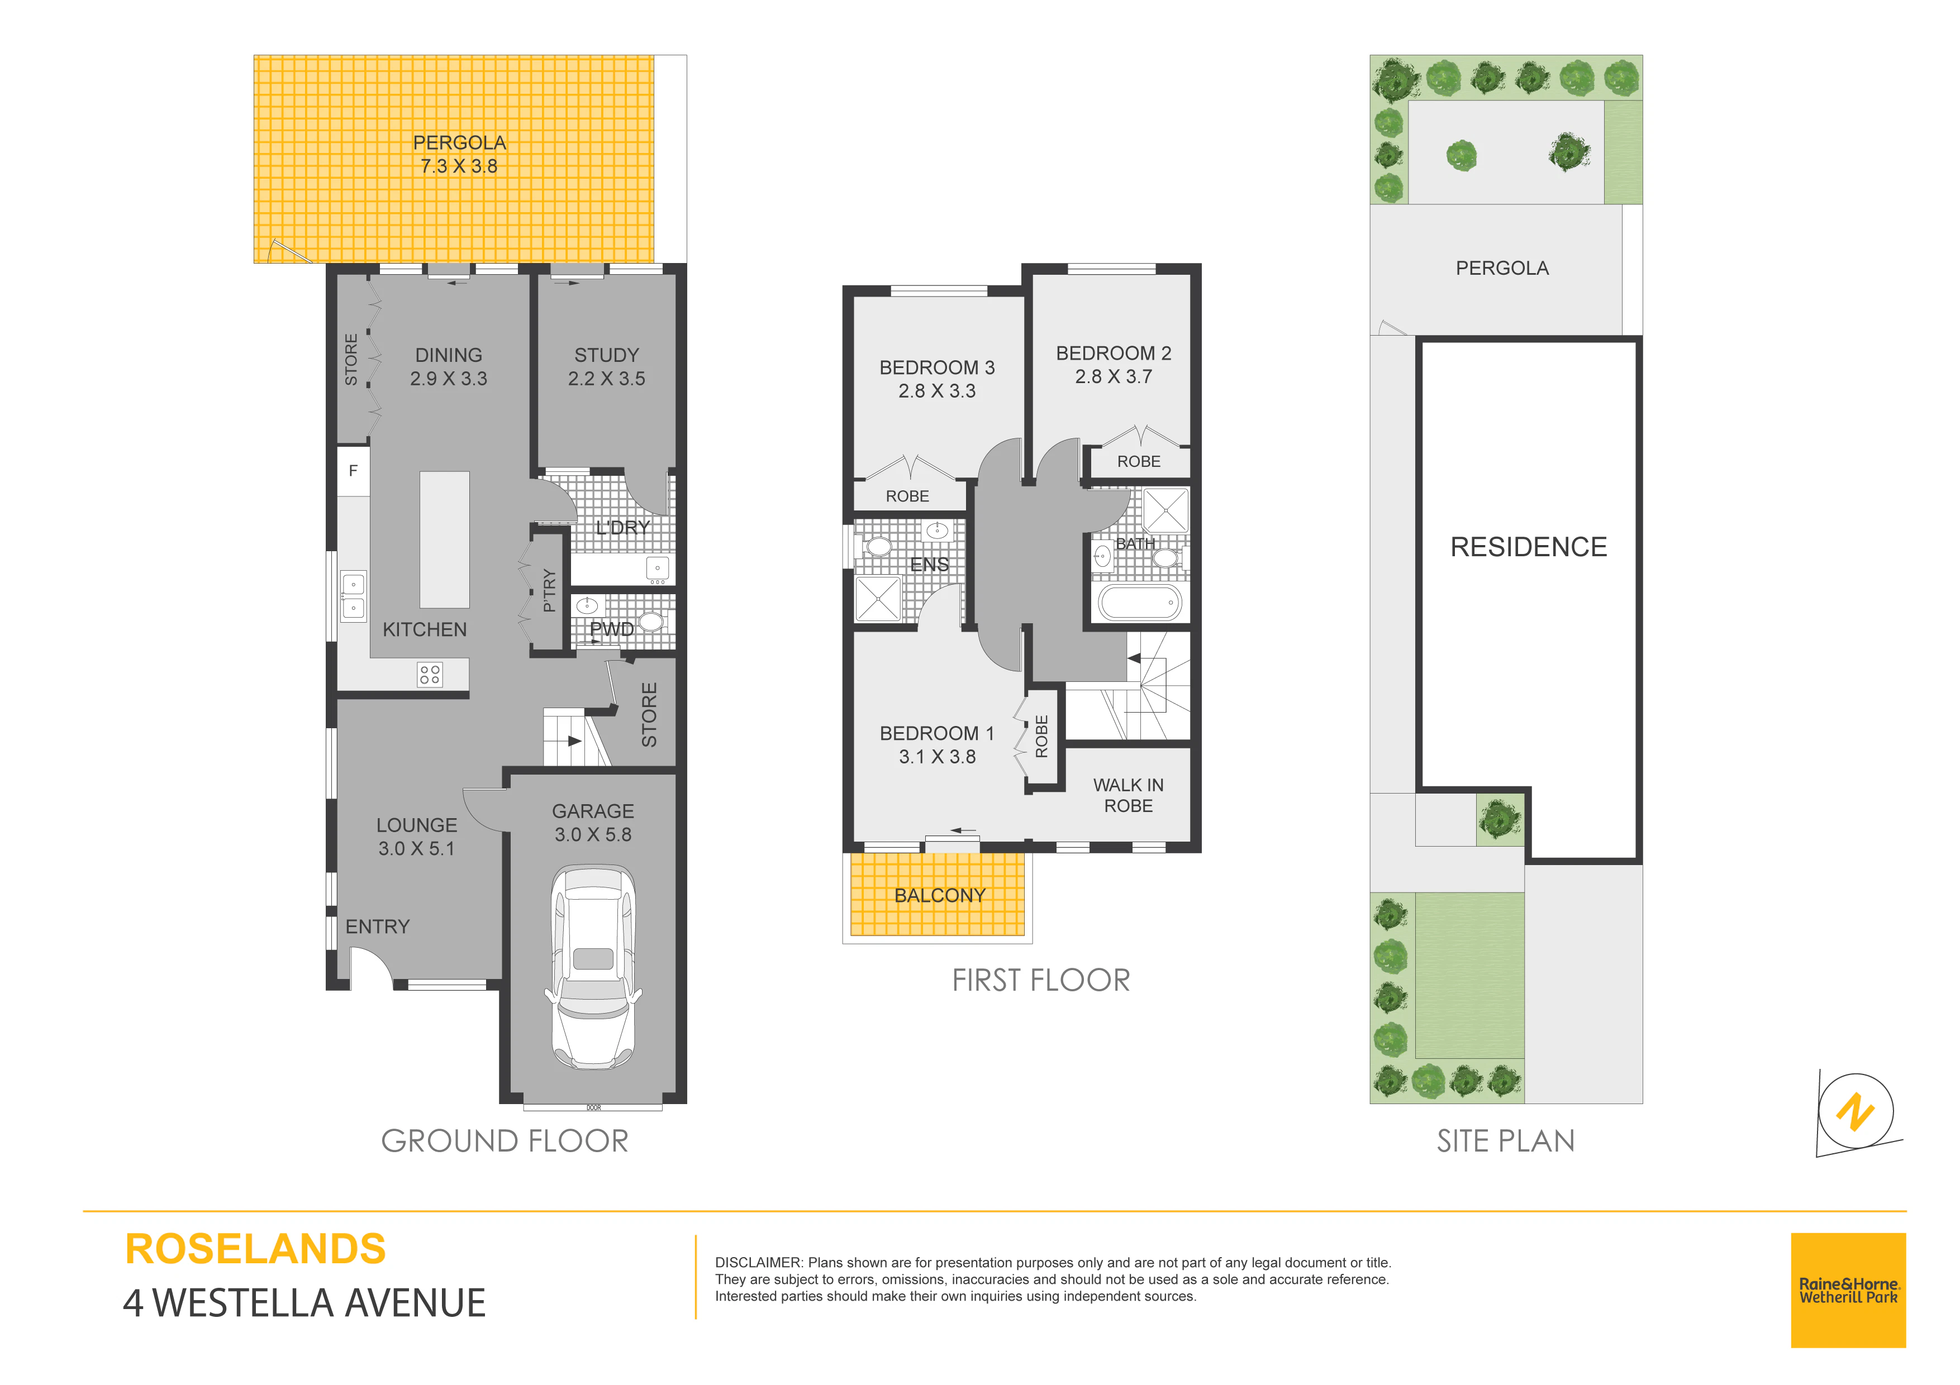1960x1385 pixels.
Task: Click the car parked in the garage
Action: tap(593, 967)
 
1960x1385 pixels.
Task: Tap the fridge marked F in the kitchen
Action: tap(354, 470)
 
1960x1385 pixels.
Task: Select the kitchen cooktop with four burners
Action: tap(430, 674)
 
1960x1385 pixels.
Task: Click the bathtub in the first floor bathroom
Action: tap(1140, 603)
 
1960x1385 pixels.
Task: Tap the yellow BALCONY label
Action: tap(940, 895)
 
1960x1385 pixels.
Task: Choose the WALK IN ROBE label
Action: tap(1129, 795)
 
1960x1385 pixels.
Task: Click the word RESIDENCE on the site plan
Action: tap(1528, 546)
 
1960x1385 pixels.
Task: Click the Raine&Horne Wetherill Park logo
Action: tap(1848, 1290)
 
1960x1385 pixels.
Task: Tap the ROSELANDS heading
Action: tap(255, 1249)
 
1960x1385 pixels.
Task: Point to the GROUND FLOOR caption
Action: tap(505, 1141)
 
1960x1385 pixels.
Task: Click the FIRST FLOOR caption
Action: tap(1040, 981)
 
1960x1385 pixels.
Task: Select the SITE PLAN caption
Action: tap(1506, 1141)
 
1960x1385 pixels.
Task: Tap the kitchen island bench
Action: tap(445, 540)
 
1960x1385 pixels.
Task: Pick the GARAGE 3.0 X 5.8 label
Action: tap(593, 823)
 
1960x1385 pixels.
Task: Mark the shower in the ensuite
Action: tap(878, 598)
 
